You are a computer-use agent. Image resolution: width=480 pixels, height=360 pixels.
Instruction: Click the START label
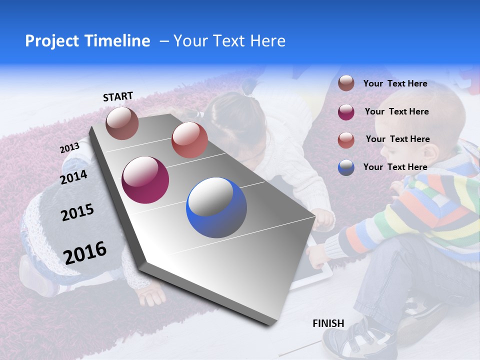[118, 96]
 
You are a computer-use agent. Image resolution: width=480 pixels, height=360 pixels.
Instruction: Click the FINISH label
[328, 323]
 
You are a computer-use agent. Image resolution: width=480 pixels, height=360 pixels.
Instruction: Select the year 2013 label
[69, 147]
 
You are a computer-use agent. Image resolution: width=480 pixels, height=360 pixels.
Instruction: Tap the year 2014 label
[73, 177]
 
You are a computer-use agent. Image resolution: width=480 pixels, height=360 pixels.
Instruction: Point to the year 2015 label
[77, 212]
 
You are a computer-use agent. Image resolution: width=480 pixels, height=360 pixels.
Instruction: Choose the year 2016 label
[85, 252]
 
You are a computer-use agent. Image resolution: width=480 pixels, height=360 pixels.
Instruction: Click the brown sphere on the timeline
[122, 123]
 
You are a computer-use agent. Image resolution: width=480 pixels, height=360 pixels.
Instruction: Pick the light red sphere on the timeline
[189, 139]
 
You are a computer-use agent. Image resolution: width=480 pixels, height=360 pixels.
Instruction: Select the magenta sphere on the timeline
[145, 180]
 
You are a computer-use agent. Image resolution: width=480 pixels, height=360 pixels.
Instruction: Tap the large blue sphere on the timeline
[216, 207]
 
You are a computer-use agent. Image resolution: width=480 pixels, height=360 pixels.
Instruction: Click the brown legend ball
[346, 83]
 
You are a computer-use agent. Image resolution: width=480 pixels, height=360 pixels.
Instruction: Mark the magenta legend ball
[346, 111]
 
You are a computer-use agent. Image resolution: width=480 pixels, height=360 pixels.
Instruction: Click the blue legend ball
[346, 167]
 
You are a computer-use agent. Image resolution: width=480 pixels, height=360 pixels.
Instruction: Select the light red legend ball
[346, 139]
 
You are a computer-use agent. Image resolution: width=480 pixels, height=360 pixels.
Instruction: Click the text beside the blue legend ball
[395, 167]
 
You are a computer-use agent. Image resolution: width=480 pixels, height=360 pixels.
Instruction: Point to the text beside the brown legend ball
[395, 83]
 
